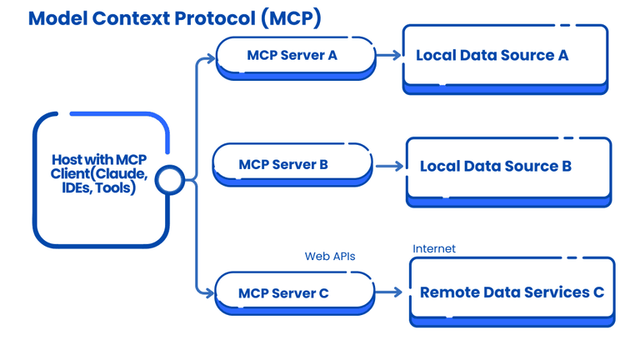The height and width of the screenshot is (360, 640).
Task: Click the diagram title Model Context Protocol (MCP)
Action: pos(174,17)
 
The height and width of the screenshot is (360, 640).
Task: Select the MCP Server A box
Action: pos(295,56)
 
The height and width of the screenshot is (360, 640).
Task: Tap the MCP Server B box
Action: pos(292,163)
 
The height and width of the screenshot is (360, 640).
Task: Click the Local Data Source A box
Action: pos(505,56)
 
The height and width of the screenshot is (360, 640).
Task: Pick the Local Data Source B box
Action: pos(508,167)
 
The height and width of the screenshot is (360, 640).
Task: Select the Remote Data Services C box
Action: pos(512,292)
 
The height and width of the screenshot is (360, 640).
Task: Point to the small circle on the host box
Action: pos(169,180)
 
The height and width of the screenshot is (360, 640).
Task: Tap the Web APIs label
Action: pos(329,256)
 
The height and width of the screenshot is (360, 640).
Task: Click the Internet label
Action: pos(434,248)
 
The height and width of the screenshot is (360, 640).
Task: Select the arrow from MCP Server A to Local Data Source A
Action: pos(388,56)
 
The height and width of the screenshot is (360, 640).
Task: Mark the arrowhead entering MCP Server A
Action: pos(210,59)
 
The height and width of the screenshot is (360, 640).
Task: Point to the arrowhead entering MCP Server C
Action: pos(210,292)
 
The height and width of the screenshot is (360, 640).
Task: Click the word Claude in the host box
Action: pos(122,173)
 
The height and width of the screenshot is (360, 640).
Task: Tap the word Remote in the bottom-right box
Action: pos(450,292)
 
